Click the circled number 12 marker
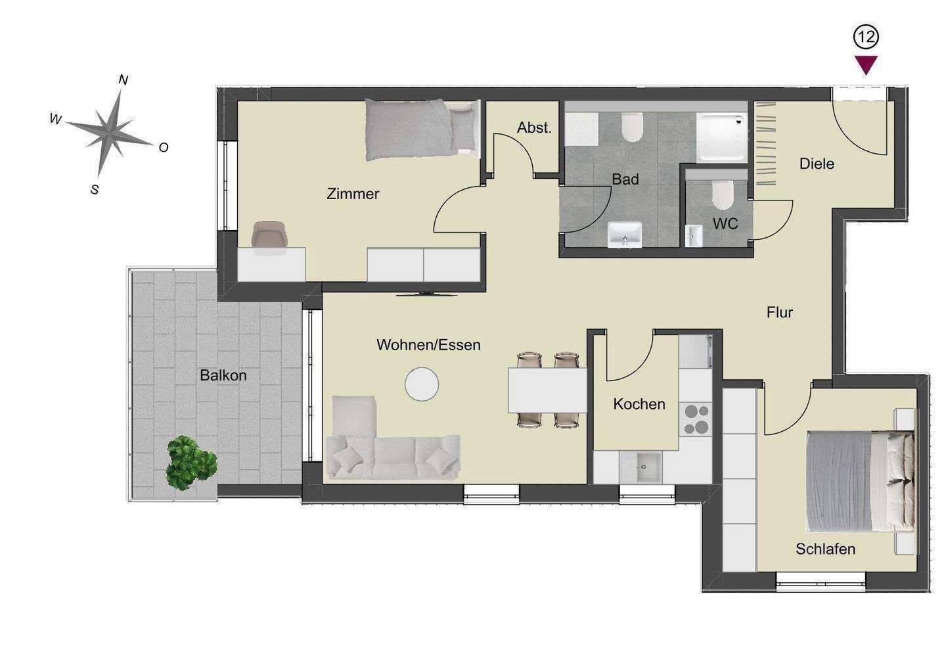pos(866,37)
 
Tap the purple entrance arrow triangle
pos(866,65)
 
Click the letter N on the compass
pos(124,80)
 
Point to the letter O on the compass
pos(164,147)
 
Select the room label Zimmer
pos(353,194)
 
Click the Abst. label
pos(534,127)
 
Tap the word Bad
pos(625,179)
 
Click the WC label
pos(725,223)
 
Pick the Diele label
pos(817,164)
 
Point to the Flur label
pos(780,313)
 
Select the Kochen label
pos(639,404)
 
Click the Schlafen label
pos(825,549)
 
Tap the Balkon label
pos(223,375)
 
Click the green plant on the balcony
pos(191,463)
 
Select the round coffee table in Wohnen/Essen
pos(422,384)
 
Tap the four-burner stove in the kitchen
pos(696,419)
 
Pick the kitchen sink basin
pos(641,467)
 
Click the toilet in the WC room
pos(723,195)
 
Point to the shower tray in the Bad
pos(722,137)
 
